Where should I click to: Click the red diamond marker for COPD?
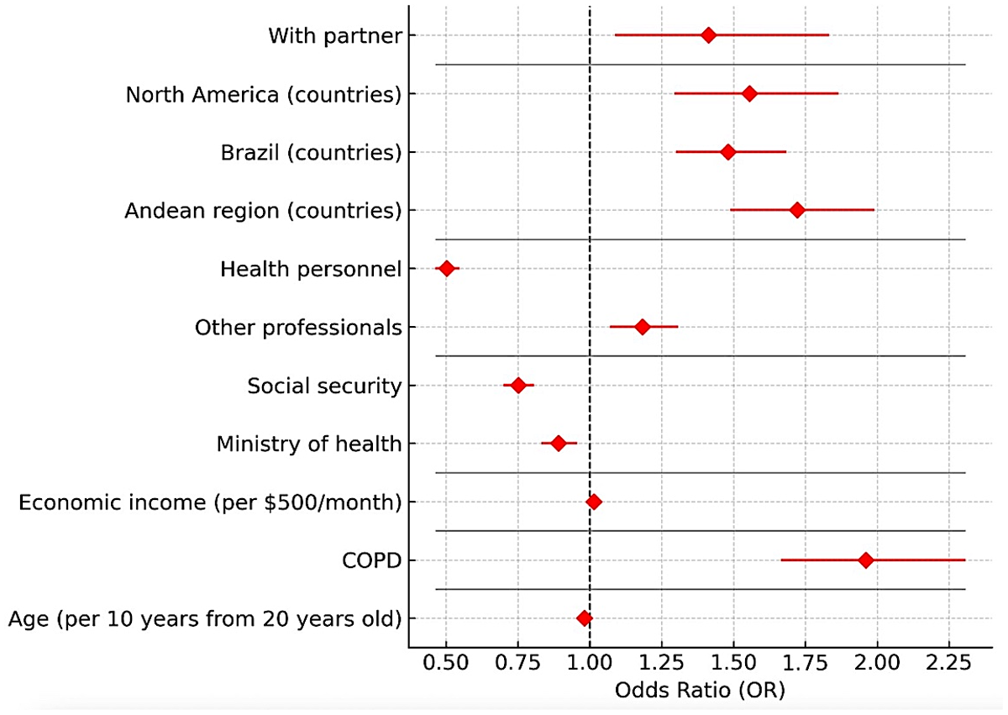[x=865, y=560]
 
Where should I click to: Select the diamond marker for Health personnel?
[x=446, y=268]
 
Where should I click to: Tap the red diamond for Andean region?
[x=796, y=210]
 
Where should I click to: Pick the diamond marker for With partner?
[x=708, y=35]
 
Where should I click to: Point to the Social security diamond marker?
[x=518, y=385]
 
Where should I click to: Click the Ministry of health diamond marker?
[x=559, y=443]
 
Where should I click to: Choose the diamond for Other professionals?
[x=642, y=326]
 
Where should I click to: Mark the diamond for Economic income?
[x=593, y=502]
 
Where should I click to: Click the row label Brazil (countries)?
[x=311, y=153]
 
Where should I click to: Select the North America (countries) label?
[x=263, y=94]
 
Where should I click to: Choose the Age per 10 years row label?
[x=204, y=619]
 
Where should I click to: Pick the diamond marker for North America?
[x=749, y=93]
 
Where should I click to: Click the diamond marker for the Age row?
[x=584, y=618]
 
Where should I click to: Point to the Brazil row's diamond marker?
[x=727, y=152]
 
